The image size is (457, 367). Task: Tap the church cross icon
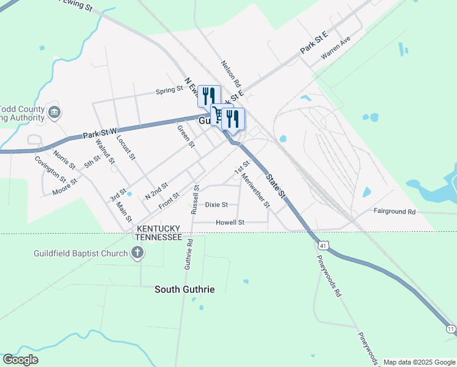[137, 252]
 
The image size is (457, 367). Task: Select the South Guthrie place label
[185, 289]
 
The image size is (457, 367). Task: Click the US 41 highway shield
[324, 245]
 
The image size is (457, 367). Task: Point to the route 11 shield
[451, 329]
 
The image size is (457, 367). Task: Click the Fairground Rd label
[394, 211]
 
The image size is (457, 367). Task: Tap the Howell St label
[230, 223]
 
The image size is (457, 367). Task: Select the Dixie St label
[216, 205]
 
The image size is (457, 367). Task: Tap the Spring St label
[169, 89]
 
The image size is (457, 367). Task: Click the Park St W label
[100, 132]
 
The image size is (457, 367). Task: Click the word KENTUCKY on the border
[158, 228]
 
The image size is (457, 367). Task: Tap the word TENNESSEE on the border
[158, 237]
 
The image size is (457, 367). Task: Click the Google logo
[20, 360]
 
